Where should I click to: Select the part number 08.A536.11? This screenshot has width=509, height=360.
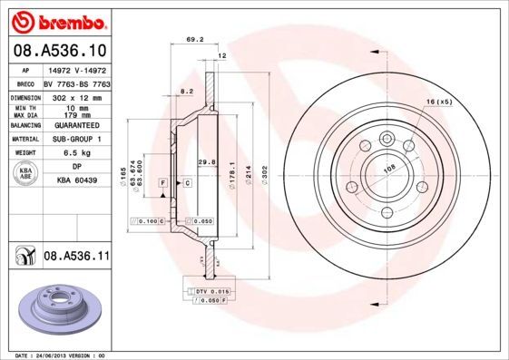(x=76, y=257)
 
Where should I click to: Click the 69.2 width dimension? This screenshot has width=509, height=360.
(x=192, y=39)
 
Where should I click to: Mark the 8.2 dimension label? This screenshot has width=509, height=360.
(x=187, y=92)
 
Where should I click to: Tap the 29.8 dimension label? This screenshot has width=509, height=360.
(x=206, y=162)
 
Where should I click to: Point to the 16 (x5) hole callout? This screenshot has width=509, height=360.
(x=439, y=102)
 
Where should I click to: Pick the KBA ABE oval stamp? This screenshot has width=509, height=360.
(x=26, y=174)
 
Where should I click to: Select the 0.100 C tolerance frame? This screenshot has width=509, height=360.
(x=149, y=220)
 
